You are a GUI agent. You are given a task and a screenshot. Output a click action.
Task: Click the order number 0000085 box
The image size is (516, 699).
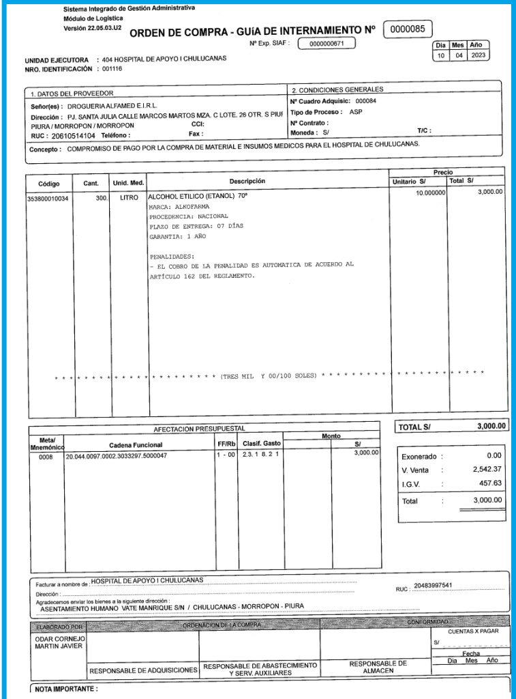[x=408, y=29]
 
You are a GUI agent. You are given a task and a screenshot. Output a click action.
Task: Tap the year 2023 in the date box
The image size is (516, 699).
[x=479, y=55]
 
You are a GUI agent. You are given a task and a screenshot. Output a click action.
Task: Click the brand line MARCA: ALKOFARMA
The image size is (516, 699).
[x=179, y=206]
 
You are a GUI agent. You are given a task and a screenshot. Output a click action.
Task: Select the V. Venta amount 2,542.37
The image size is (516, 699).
[x=487, y=470]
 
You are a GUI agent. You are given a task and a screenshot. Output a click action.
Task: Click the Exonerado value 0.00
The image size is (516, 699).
[x=494, y=455]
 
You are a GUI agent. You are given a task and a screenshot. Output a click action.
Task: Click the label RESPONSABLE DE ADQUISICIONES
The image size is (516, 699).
[x=143, y=670]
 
